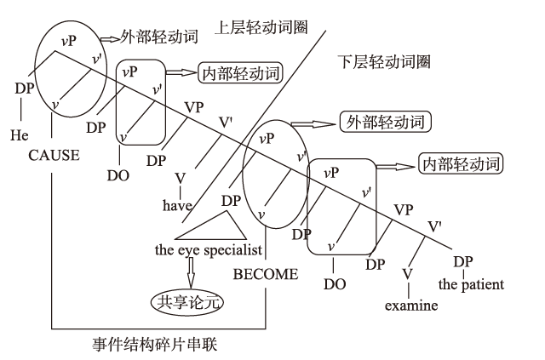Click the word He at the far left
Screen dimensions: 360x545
[19, 134]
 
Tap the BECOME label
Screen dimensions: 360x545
[266, 274]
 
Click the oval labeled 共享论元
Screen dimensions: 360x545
[186, 301]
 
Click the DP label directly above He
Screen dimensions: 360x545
[23, 87]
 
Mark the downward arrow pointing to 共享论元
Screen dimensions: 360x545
[191, 271]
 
